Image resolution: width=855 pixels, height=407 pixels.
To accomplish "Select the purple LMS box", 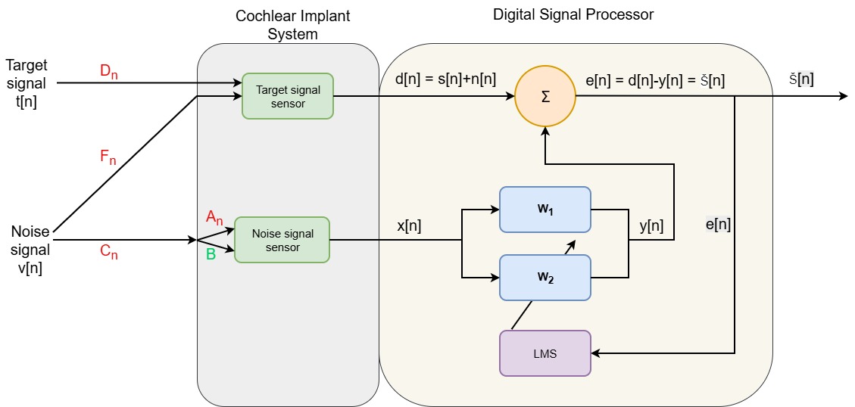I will tap(545, 353).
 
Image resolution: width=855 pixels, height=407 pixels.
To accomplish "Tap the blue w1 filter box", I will tap(545, 209).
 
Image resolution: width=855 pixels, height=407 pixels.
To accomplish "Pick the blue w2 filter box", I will tap(545, 277).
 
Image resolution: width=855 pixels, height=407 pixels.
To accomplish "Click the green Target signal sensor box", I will tap(288, 96).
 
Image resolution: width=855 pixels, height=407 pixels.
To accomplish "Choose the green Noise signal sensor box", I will tap(282, 240).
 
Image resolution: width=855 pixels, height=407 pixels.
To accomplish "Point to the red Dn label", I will tap(108, 73).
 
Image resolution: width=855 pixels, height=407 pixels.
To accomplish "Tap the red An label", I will tap(215, 219).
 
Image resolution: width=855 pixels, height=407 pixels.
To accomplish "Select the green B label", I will tap(211, 254).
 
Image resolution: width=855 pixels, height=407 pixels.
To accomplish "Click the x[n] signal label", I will tap(410, 227).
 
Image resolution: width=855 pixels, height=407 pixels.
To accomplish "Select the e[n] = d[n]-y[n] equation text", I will tap(656, 79).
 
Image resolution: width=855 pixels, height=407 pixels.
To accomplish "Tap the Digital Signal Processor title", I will tap(573, 14).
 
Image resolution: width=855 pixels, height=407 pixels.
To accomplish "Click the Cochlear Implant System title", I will tap(287, 24).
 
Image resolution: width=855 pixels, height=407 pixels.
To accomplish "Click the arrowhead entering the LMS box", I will tap(596, 353).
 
